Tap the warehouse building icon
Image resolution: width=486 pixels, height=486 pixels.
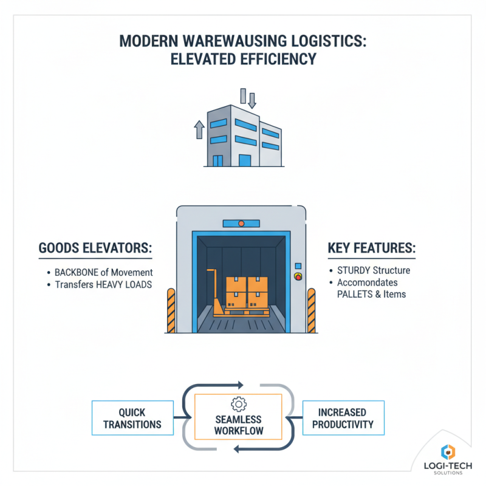tap(243, 134)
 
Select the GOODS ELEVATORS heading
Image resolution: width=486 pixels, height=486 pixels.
tap(94, 249)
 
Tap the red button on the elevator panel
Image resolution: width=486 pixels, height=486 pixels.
tap(298, 277)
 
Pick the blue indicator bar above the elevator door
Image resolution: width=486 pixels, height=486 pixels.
tap(241, 224)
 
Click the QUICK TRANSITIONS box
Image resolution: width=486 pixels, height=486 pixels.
tap(132, 417)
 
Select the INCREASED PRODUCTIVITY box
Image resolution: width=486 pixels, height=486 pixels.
tap(343, 417)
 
